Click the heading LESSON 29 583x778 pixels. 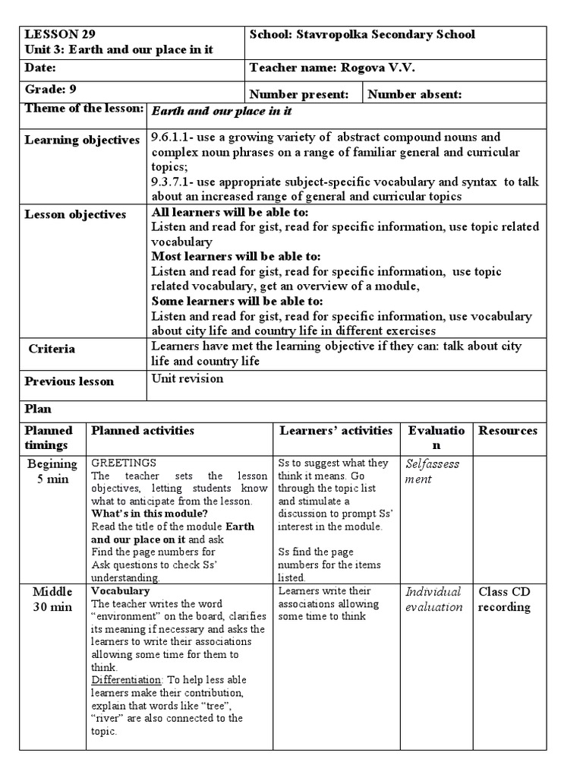click(x=61, y=34)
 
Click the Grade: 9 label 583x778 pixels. click(x=51, y=88)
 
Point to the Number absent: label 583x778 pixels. click(x=414, y=94)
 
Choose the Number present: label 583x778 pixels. click(x=299, y=94)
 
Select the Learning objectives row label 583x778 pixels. click(x=82, y=140)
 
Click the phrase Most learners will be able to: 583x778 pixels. click(x=236, y=257)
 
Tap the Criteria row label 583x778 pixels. click(x=52, y=349)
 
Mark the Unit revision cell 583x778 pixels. click(x=188, y=378)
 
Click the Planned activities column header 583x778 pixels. click(x=143, y=431)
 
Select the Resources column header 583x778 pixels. click(x=507, y=431)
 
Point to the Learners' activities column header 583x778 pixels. click(x=336, y=431)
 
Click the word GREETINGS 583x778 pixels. click(x=124, y=463)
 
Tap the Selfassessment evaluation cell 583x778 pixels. click(x=433, y=471)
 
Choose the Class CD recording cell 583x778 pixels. click(x=504, y=599)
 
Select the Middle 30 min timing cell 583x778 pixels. click(x=52, y=599)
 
